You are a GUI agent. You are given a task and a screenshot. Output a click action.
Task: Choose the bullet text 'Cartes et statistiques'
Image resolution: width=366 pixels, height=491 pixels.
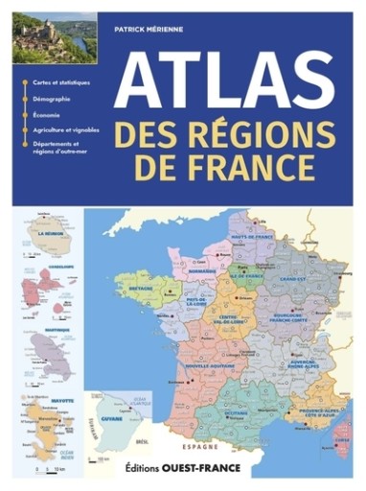(x=60, y=82)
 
